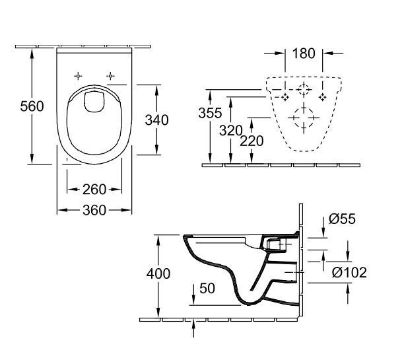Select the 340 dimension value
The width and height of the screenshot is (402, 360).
pos(157,120)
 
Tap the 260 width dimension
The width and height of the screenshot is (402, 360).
pos(95,190)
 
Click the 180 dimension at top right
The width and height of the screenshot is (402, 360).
pos(303,53)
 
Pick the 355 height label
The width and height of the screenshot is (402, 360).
pos(210,113)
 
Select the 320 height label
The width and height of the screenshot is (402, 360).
pos(231,131)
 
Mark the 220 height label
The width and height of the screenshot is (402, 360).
pos(252,140)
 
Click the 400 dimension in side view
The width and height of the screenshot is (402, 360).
pos(158,273)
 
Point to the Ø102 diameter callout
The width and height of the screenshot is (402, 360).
pos(349,272)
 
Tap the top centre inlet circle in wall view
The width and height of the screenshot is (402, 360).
pos(303,90)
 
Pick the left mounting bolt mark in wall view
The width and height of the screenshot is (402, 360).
pos(285,97)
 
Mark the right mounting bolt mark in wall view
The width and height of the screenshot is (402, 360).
pos(322,97)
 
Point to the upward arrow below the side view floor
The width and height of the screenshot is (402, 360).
pos(193,324)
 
